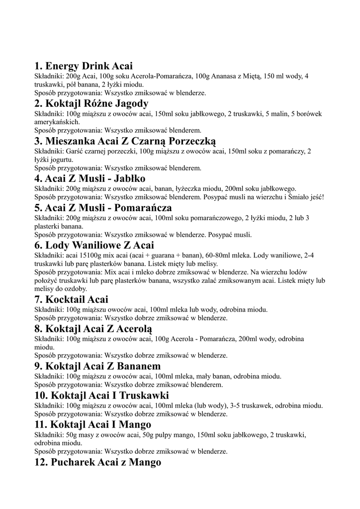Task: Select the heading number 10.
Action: coord(41,396)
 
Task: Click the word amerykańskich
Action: coord(56,122)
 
